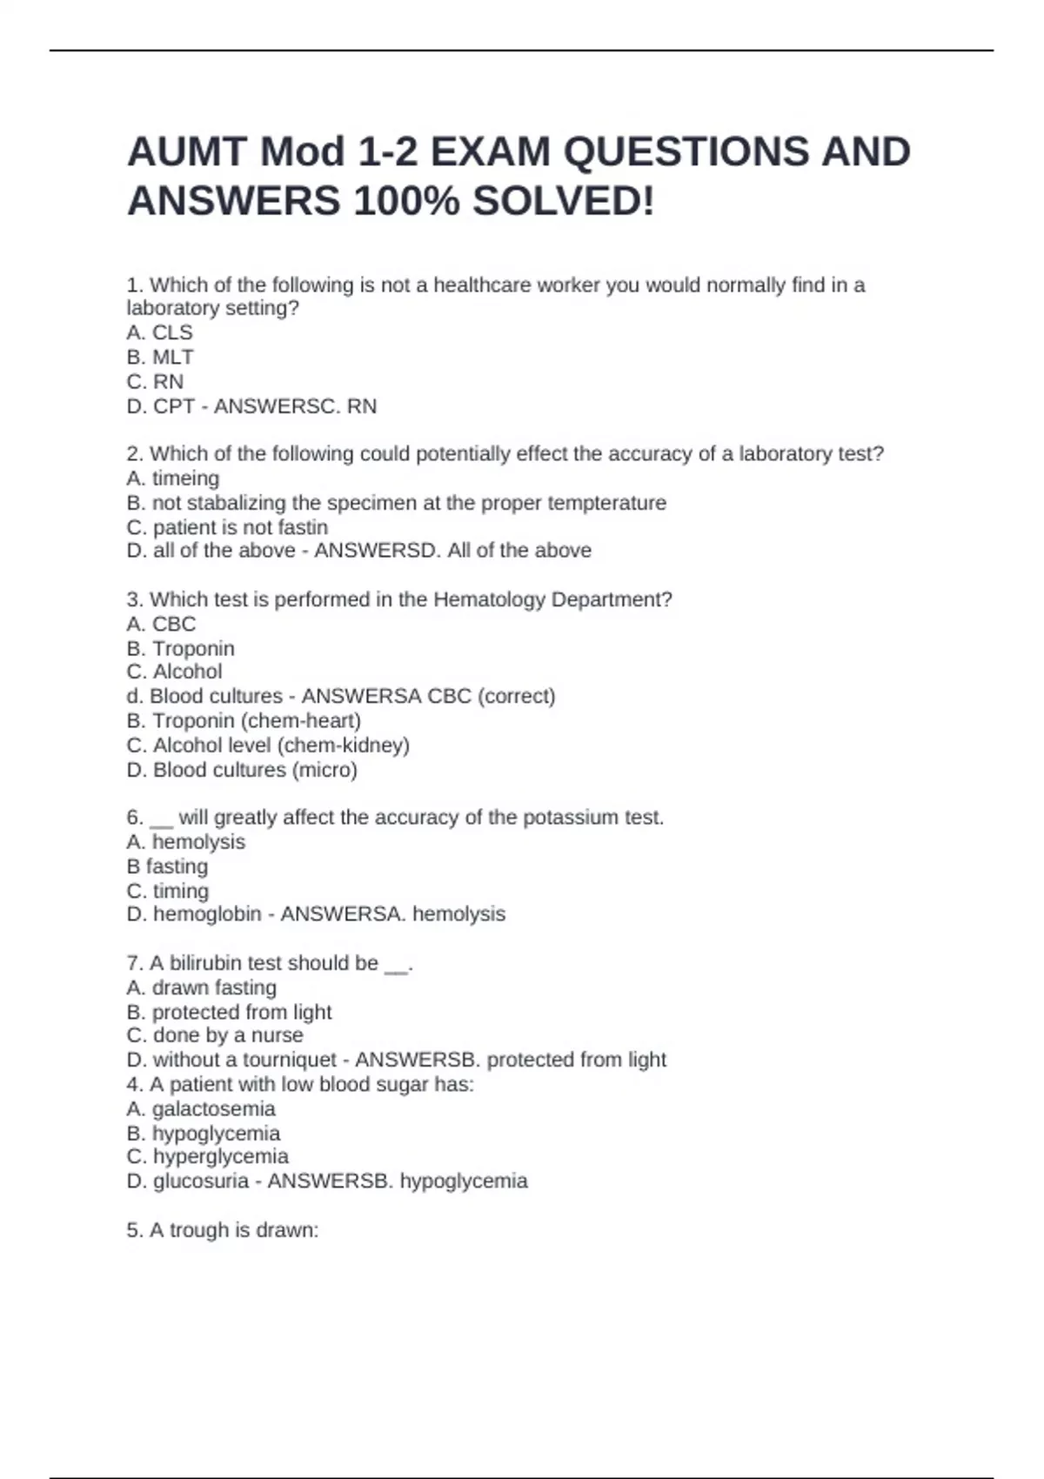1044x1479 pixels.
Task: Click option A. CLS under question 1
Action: pyautogui.click(x=159, y=332)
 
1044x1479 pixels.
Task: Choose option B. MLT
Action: pyautogui.click(x=160, y=357)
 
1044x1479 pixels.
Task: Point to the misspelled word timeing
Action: pyautogui.click(x=185, y=478)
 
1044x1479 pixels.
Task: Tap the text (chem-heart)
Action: pyautogui.click(x=301, y=720)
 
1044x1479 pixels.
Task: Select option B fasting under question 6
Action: pyautogui.click(x=167, y=866)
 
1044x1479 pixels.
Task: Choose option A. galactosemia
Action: pyautogui.click(x=201, y=1108)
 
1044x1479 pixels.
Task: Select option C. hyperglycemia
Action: pyautogui.click(x=207, y=1156)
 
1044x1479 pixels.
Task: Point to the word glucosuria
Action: pyautogui.click(x=201, y=1181)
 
